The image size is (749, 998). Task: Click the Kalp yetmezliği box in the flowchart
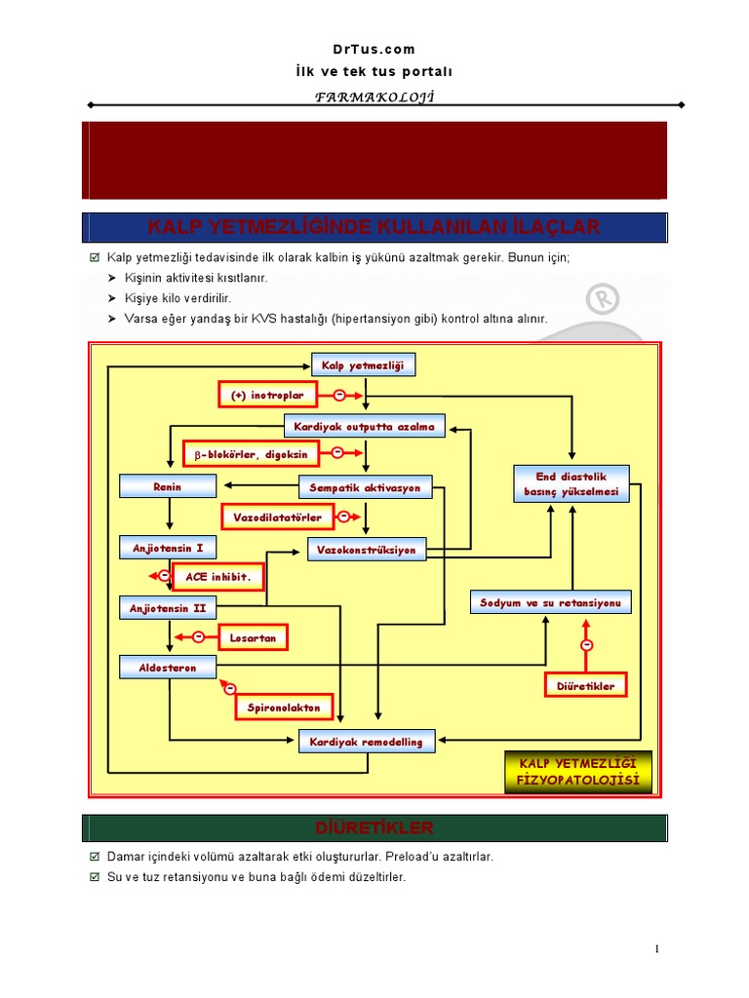(x=363, y=365)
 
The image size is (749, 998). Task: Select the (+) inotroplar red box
(x=267, y=395)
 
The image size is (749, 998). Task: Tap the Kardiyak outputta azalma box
(x=365, y=426)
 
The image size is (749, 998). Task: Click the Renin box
(x=167, y=485)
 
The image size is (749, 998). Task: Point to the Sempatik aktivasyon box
(x=365, y=486)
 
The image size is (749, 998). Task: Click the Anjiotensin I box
(x=168, y=548)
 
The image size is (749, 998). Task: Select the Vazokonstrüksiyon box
(x=366, y=550)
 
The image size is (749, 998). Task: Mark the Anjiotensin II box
(x=168, y=608)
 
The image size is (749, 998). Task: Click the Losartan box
(x=253, y=638)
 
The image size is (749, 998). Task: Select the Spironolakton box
(x=284, y=707)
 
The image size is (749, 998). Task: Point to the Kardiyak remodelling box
(x=366, y=742)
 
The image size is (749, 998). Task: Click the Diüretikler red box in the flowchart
(x=585, y=686)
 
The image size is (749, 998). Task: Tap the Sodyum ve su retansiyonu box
(x=550, y=602)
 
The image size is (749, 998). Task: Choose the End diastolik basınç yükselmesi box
(x=571, y=484)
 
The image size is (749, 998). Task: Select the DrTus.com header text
(x=374, y=49)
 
